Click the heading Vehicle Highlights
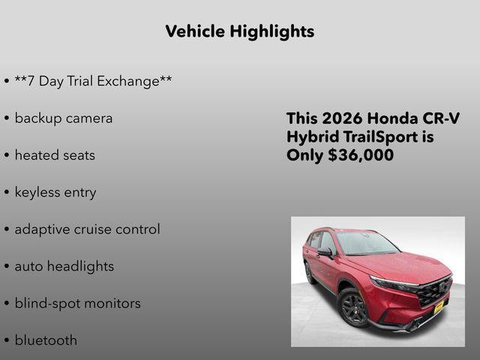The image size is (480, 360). click(239, 31)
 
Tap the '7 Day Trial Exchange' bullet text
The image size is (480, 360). click(93, 81)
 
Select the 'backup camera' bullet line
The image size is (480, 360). click(64, 118)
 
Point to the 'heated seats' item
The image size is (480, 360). click(55, 155)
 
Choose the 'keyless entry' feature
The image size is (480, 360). click(55, 193)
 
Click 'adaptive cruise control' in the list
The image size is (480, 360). click(87, 229)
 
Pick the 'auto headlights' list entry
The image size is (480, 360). click(64, 266)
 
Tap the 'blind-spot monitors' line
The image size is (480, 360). click(77, 304)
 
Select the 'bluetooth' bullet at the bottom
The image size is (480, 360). click(46, 340)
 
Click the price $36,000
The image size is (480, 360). click(362, 155)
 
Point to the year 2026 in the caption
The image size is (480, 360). click(342, 118)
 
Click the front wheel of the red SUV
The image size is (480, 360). click(353, 307)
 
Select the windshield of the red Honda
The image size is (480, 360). click(366, 243)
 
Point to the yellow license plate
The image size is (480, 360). click(439, 307)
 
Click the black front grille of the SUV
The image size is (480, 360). click(434, 291)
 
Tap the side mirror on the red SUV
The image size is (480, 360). click(325, 252)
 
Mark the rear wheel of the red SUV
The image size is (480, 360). click(310, 272)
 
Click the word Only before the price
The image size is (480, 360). click(304, 155)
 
